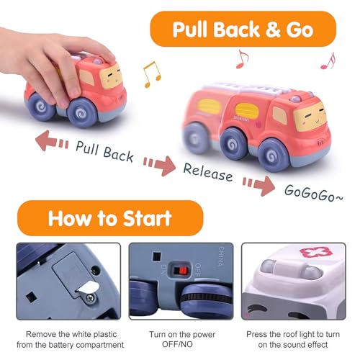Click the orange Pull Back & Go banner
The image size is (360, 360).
click(242, 30)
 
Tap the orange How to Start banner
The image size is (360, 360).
click(110, 218)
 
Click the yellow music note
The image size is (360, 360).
click(151, 73)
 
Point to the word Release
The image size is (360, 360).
click(207, 173)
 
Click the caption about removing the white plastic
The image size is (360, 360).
click(69, 339)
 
